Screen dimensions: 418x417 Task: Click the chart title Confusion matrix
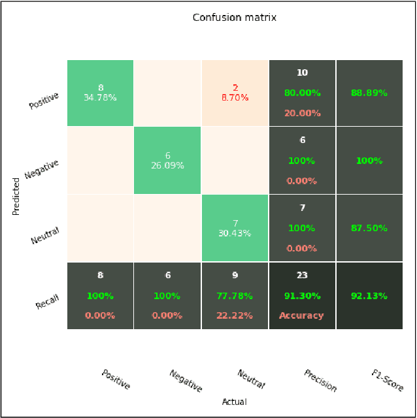234,18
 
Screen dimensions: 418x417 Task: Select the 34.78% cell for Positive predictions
100,93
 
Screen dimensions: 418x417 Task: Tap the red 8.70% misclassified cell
235,93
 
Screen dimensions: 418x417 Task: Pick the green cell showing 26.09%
167,161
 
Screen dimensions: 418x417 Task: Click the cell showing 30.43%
235,228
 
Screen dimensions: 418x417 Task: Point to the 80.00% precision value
302,93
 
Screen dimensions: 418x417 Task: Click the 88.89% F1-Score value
369,93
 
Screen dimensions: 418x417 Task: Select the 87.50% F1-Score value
369,229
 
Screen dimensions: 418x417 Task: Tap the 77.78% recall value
235,296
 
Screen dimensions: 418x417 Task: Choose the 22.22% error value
235,315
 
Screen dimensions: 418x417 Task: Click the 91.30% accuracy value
302,296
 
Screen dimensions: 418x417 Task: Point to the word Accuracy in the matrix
302,315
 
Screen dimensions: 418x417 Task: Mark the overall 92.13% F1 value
369,296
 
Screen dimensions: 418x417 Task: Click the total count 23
302,276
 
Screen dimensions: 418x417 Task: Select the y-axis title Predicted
17,196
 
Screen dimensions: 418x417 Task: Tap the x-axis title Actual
234,402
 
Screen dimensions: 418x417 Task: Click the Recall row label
48,301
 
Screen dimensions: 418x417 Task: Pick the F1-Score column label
388,381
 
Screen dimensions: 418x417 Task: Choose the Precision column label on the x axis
320,381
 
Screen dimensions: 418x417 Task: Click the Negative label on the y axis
42,169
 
